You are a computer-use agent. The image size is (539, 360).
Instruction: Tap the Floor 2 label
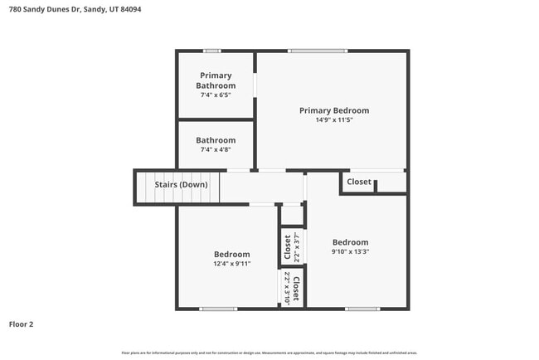click(x=22, y=324)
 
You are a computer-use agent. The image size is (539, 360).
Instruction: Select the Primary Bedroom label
click(x=334, y=110)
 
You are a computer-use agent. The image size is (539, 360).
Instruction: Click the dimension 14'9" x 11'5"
click(x=334, y=120)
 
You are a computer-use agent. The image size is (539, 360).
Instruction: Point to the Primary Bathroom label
click(x=216, y=80)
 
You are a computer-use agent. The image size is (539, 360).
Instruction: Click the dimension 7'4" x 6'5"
click(x=216, y=95)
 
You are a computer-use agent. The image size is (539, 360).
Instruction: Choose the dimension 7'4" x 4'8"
click(x=216, y=150)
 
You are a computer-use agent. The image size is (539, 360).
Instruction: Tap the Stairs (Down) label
click(x=182, y=184)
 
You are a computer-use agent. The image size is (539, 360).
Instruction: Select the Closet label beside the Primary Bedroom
click(x=359, y=182)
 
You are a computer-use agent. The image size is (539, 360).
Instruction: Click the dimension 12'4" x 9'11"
click(x=232, y=264)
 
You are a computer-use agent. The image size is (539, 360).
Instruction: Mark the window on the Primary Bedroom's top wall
click(x=317, y=51)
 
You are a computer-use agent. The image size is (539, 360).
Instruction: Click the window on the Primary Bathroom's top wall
click(x=212, y=51)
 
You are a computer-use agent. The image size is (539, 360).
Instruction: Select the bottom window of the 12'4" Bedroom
click(x=218, y=309)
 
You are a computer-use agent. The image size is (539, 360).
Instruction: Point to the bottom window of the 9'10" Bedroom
click(x=362, y=309)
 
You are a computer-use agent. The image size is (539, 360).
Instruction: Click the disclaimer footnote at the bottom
click(x=269, y=353)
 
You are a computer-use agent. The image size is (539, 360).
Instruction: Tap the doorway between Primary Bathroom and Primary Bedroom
click(x=255, y=84)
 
